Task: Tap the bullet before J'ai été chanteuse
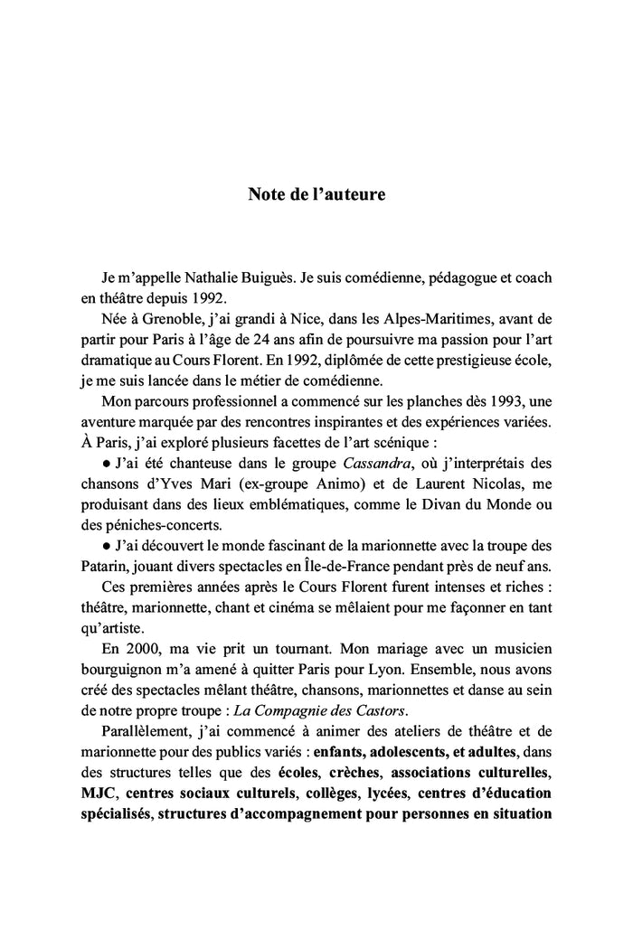[108, 465]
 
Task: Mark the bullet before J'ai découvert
[108, 547]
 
